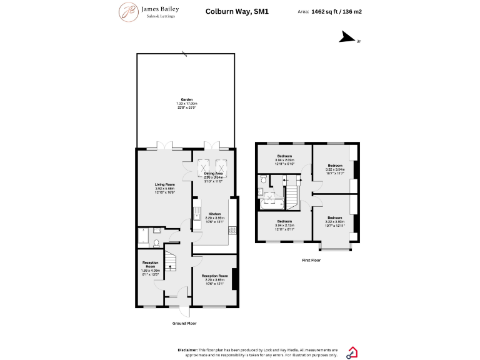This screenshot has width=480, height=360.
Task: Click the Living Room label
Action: [165, 184]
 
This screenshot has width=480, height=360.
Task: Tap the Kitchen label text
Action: [214, 214]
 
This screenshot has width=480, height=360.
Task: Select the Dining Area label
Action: [214, 173]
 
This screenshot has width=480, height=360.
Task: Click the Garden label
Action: [186, 99]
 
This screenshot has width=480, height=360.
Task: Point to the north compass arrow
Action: [347, 39]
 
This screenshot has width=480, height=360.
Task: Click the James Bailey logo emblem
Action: [129, 12]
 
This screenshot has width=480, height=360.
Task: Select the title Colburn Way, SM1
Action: [229, 11]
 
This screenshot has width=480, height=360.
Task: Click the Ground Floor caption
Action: [184, 323]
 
